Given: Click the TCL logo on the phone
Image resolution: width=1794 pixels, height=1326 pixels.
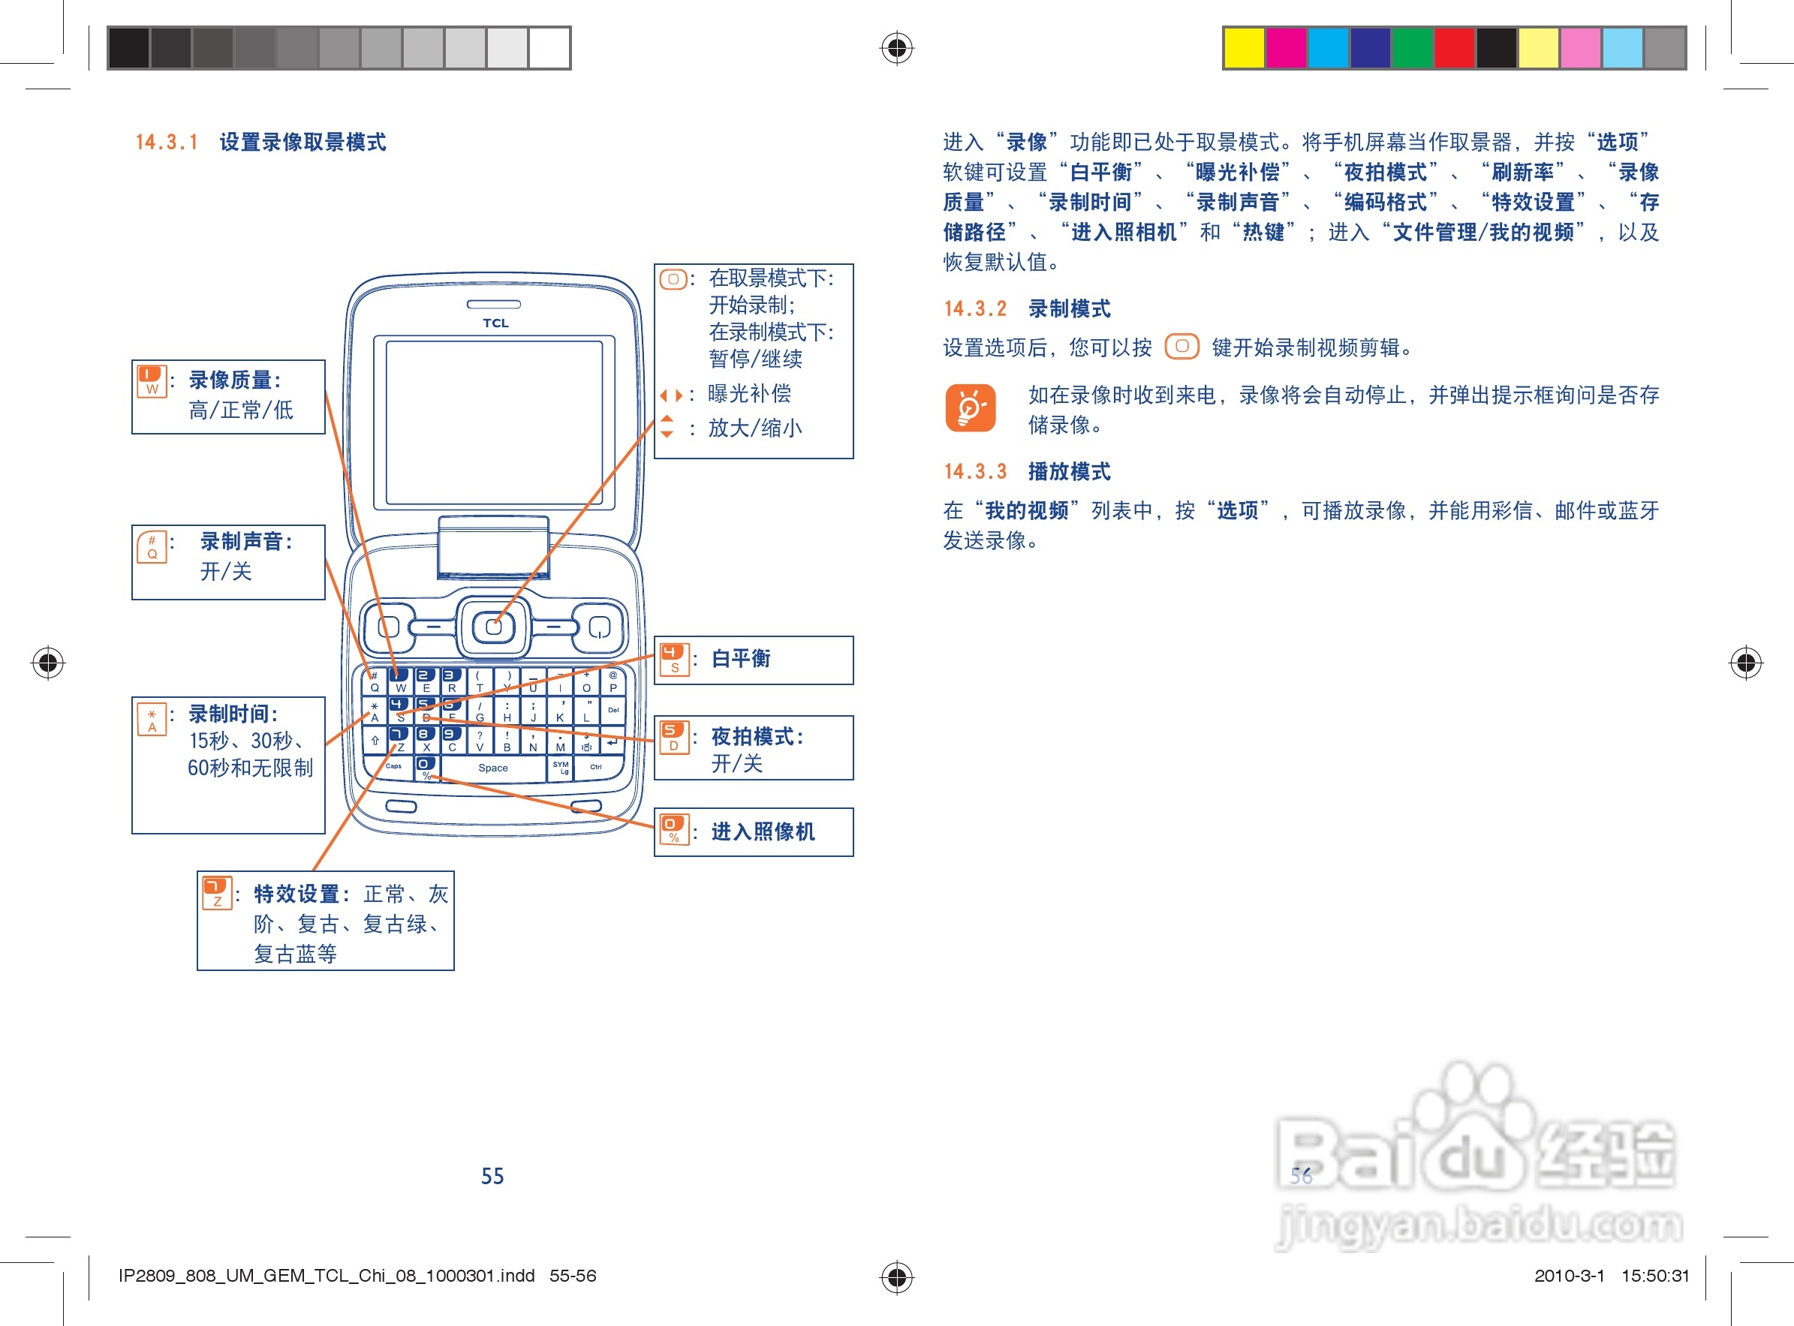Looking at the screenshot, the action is coord(495,323).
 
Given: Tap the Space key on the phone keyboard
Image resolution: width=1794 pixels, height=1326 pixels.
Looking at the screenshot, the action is coord(493,768).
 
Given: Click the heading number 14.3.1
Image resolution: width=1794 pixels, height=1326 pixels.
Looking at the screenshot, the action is coord(166,143).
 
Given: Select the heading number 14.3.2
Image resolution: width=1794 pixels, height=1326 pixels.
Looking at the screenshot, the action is coord(974,309).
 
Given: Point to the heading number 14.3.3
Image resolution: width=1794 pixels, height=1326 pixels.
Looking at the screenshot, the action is coord(974,472).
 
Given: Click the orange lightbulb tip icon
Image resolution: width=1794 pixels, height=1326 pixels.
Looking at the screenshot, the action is coord(970,407).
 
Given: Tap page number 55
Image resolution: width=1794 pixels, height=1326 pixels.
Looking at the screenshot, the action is coord(492,1176).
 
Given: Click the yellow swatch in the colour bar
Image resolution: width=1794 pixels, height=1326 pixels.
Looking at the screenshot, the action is coord(1243,47).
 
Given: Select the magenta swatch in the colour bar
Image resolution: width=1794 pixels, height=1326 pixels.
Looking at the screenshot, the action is coord(1286,47).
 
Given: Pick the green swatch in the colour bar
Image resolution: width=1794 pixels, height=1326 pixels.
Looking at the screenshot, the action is coord(1412,47).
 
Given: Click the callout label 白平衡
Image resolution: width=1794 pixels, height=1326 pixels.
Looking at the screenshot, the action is coord(740,659).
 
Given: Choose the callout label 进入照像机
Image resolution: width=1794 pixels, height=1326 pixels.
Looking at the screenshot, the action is coord(763,831).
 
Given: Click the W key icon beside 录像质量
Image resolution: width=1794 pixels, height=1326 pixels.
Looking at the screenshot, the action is coord(152,381).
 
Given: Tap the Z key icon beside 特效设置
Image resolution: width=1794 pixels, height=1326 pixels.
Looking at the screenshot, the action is coord(217,892).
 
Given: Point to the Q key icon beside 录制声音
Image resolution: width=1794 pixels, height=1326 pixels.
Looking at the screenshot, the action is coord(152,546).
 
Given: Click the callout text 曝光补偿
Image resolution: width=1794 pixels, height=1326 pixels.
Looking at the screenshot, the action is coord(749,393).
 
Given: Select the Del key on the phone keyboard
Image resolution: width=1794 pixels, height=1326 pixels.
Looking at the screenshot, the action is coord(613,711).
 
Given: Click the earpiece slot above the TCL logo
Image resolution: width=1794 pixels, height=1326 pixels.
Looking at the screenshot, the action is coord(494,304).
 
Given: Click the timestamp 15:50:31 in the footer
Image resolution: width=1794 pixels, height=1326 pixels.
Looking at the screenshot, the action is coord(1655,1276).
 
